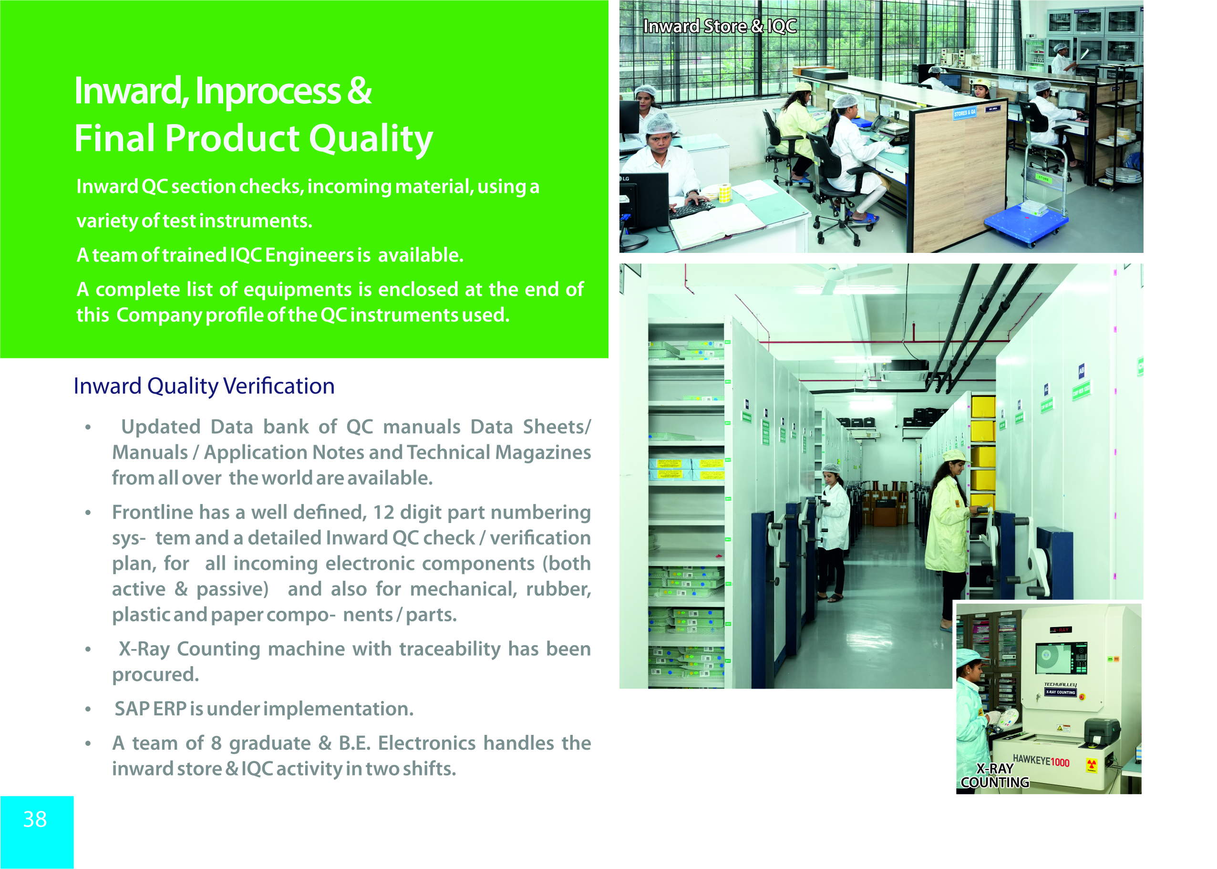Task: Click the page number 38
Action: point(35,819)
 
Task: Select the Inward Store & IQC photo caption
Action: point(720,26)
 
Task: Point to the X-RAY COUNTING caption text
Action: point(995,775)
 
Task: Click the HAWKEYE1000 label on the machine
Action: point(1041,761)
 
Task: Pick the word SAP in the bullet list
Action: point(132,709)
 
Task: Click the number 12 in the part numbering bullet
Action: point(383,513)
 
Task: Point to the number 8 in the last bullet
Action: point(216,743)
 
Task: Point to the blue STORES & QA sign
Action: point(965,113)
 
